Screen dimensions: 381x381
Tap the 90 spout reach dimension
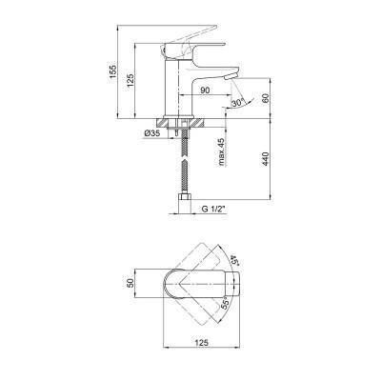point(205,90)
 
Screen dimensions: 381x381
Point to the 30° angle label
point(237,103)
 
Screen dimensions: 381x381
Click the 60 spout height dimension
point(266,98)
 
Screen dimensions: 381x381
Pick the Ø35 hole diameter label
point(152,133)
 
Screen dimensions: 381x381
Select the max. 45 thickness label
point(221,152)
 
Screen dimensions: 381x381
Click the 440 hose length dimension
point(266,159)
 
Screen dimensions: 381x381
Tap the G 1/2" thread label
point(213,210)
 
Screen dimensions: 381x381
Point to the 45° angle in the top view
point(234,258)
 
